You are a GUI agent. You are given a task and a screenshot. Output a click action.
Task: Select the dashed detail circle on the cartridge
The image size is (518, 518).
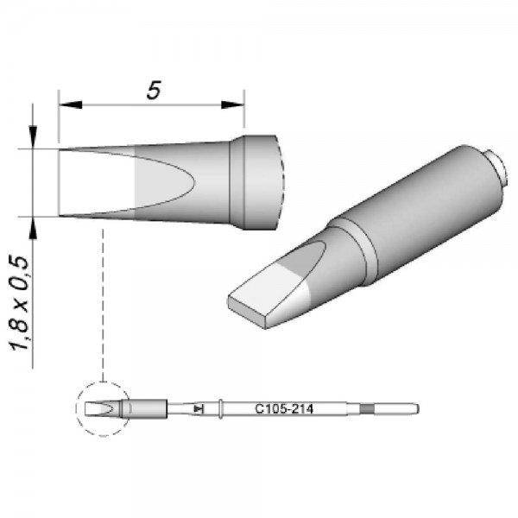[x=101, y=407]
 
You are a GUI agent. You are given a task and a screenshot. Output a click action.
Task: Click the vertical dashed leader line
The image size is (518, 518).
[x=103, y=302]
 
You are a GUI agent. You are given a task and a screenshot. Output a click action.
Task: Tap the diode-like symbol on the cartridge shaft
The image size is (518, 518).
[x=199, y=407]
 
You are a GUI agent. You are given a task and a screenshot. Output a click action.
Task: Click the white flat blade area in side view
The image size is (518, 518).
[x=95, y=182]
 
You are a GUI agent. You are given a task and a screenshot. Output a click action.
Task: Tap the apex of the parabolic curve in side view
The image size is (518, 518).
[x=198, y=182]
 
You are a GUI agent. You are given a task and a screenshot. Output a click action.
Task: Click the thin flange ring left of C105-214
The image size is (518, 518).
[x=223, y=407]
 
